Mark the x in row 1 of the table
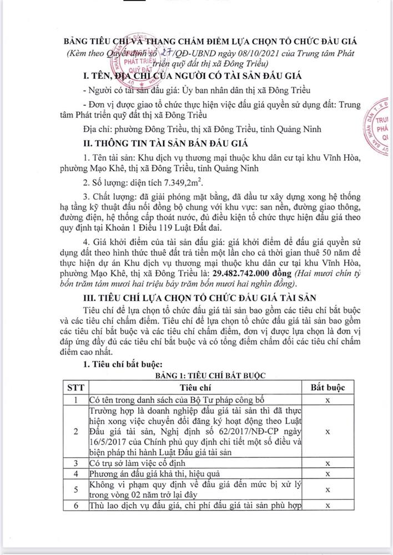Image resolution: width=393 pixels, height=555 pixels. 329,399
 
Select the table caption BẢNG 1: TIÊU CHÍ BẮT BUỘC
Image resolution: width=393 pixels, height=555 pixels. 196,375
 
